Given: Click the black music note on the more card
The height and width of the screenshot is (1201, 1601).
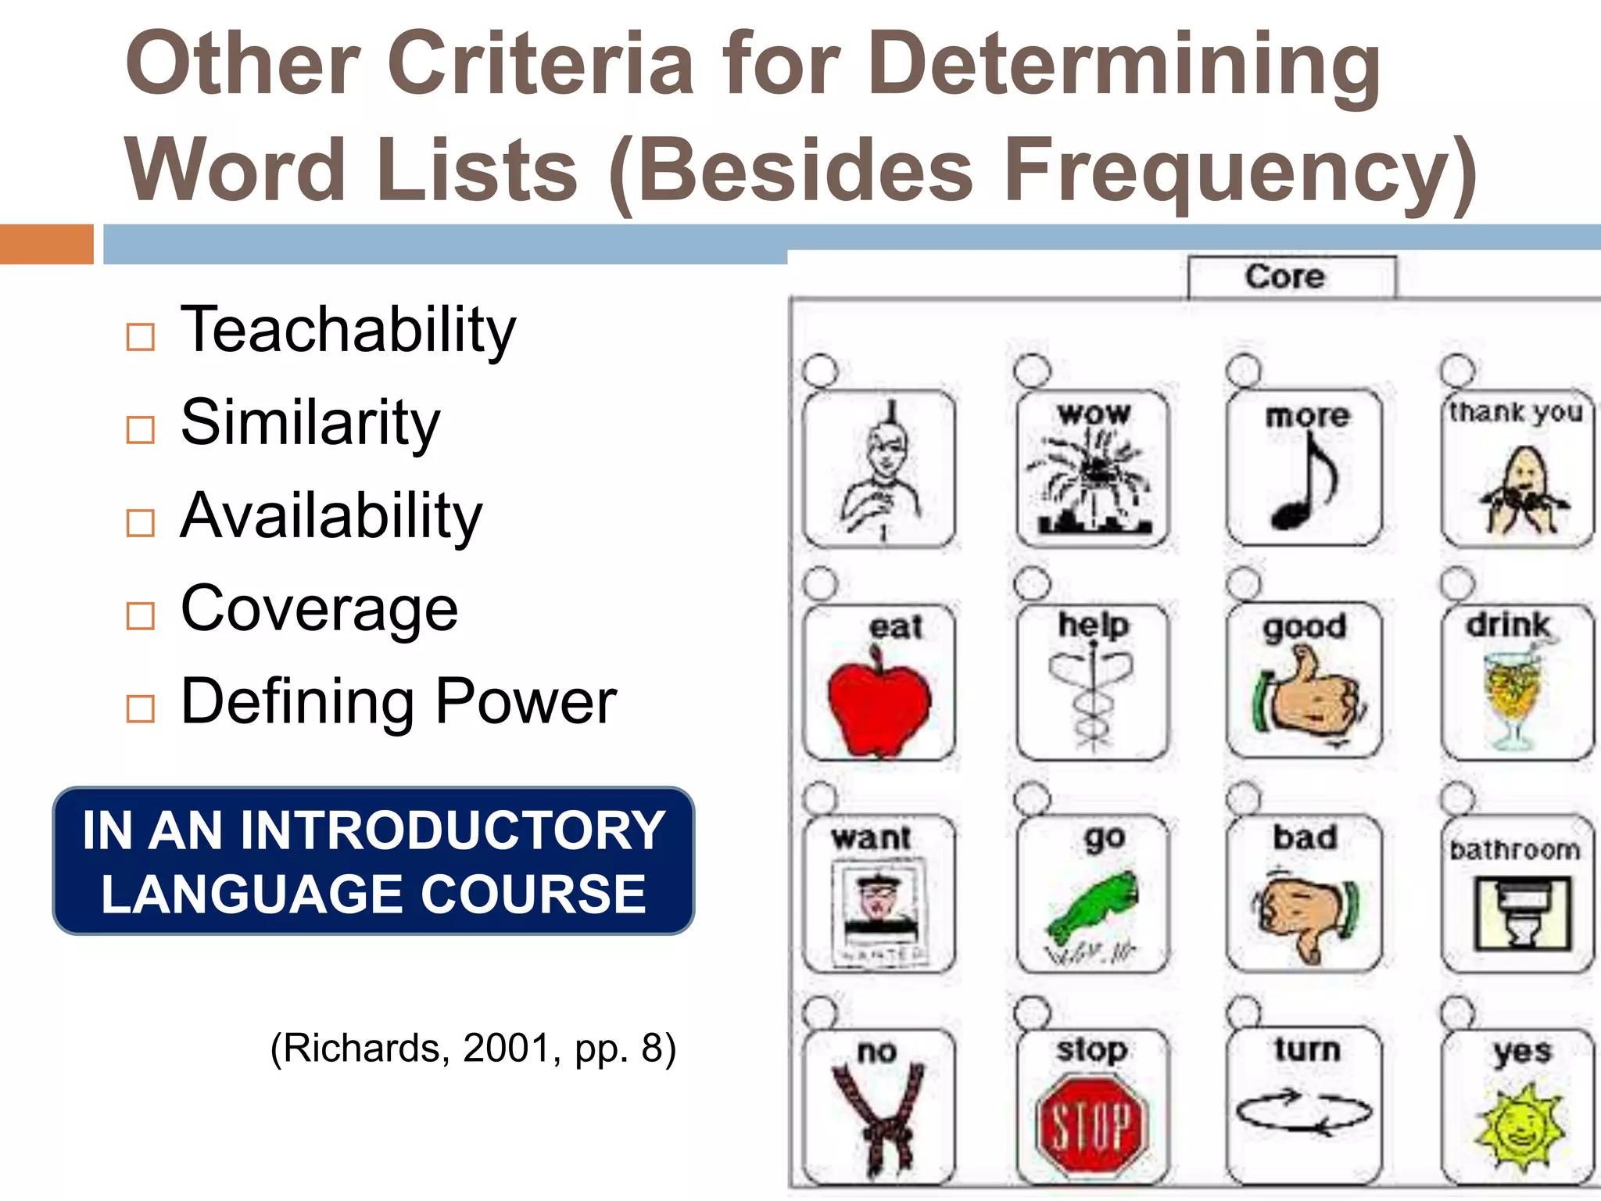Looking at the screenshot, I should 1304,485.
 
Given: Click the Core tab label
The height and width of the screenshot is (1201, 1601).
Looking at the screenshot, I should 1285,277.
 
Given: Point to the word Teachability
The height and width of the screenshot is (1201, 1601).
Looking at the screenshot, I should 348,330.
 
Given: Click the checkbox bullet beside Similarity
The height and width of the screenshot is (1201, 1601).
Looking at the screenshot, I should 141,429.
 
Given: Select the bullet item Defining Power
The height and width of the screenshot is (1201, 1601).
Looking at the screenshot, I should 398,701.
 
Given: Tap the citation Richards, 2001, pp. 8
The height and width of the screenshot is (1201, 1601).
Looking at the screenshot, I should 473,1048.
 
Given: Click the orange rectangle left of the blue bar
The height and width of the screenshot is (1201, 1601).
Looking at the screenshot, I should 47,244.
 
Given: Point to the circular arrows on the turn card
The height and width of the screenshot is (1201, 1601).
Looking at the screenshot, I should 1304,1112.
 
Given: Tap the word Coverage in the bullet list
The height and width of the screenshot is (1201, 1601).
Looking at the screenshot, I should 319,609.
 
